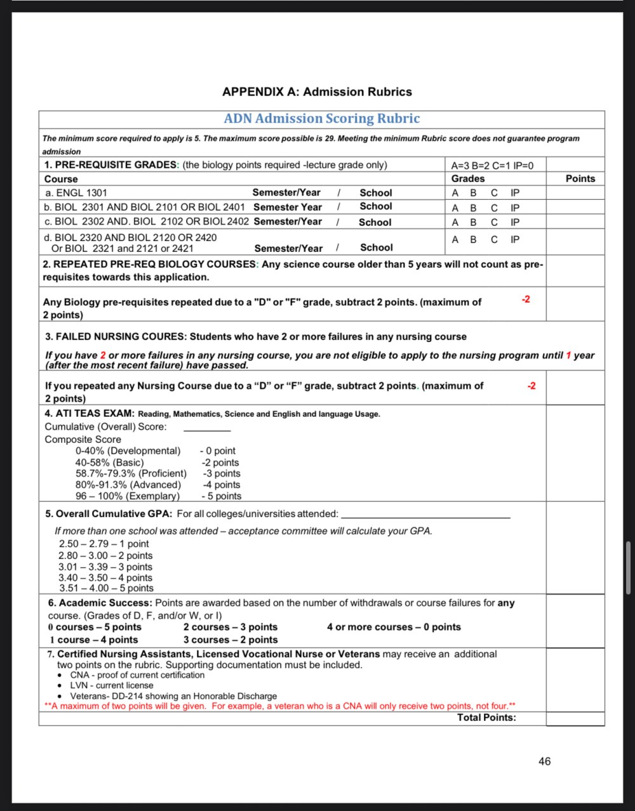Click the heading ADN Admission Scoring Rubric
point(322,119)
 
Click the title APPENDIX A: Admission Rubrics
point(317,92)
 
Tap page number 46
point(544,762)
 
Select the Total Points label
point(486,718)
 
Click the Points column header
point(580,179)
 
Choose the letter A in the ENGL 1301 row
point(455,193)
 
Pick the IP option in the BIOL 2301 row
point(515,208)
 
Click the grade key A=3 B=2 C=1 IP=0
point(492,166)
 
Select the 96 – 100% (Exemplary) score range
point(127,496)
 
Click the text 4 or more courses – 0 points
point(394,627)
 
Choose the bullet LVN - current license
point(112,685)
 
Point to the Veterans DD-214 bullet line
point(173,696)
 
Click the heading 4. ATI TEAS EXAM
point(90,414)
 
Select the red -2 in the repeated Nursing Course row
point(531,386)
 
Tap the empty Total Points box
point(575,718)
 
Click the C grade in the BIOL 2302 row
point(494,222)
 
